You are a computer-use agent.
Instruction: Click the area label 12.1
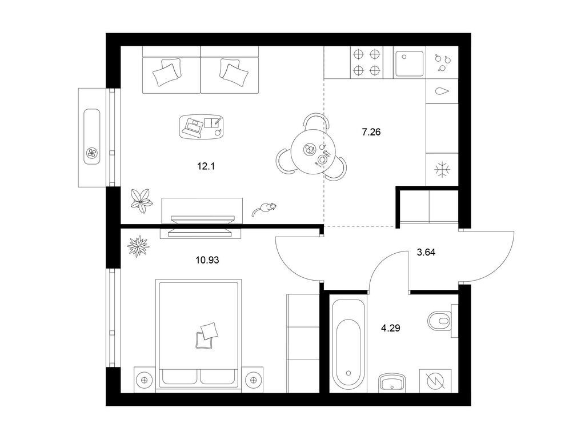(206, 166)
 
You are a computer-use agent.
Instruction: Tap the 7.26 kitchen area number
(371, 132)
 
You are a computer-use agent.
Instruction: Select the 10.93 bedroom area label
(207, 260)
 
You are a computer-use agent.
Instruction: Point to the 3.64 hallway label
(426, 252)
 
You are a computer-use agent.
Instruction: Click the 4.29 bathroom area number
(390, 328)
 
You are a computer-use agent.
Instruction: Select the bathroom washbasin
(392, 382)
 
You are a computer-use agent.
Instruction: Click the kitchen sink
(410, 63)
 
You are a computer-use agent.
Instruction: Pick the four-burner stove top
(366, 62)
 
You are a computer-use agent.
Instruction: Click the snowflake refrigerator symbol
(443, 169)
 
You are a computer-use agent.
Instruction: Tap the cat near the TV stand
(264, 209)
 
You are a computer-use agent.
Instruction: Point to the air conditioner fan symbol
(92, 152)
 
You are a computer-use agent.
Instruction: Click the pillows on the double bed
(206, 336)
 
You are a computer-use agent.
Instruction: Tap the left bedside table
(144, 380)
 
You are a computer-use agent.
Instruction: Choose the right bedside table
(253, 380)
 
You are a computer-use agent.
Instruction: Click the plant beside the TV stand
(142, 201)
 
